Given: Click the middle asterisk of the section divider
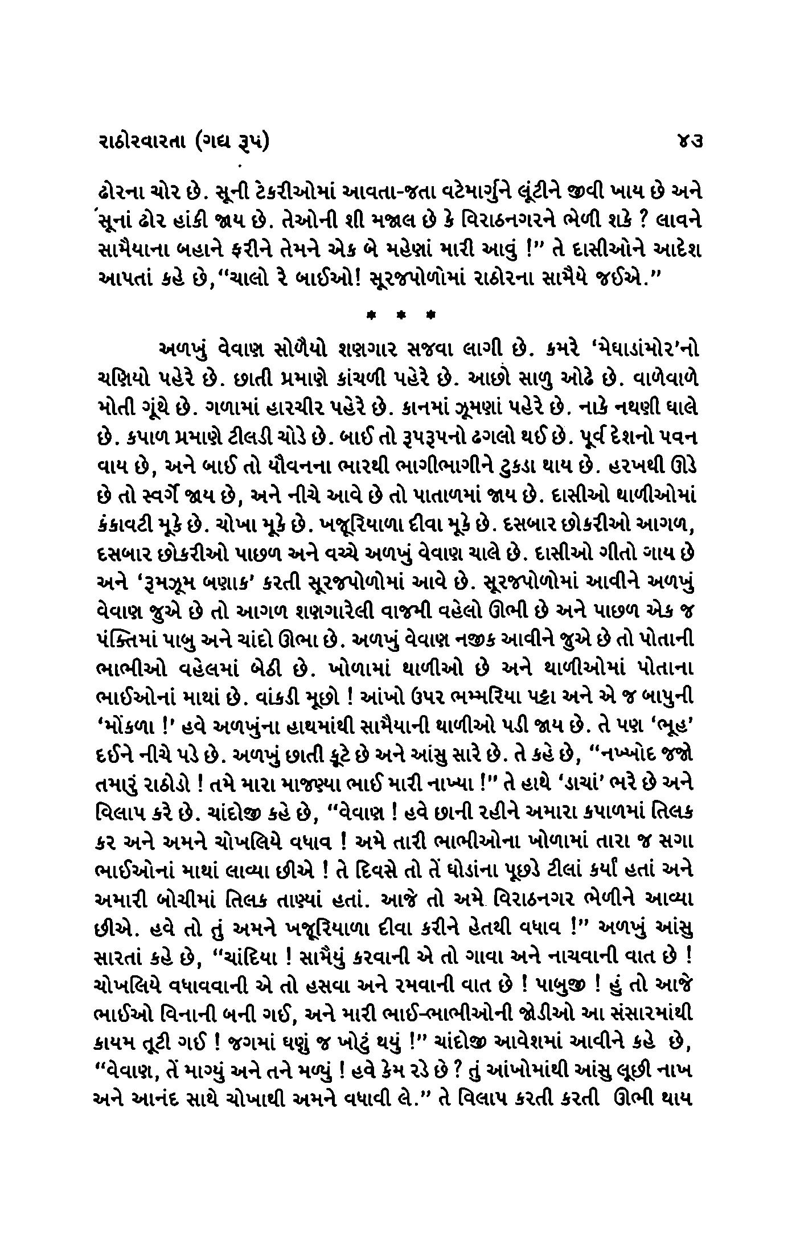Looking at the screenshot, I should click(401, 315).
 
